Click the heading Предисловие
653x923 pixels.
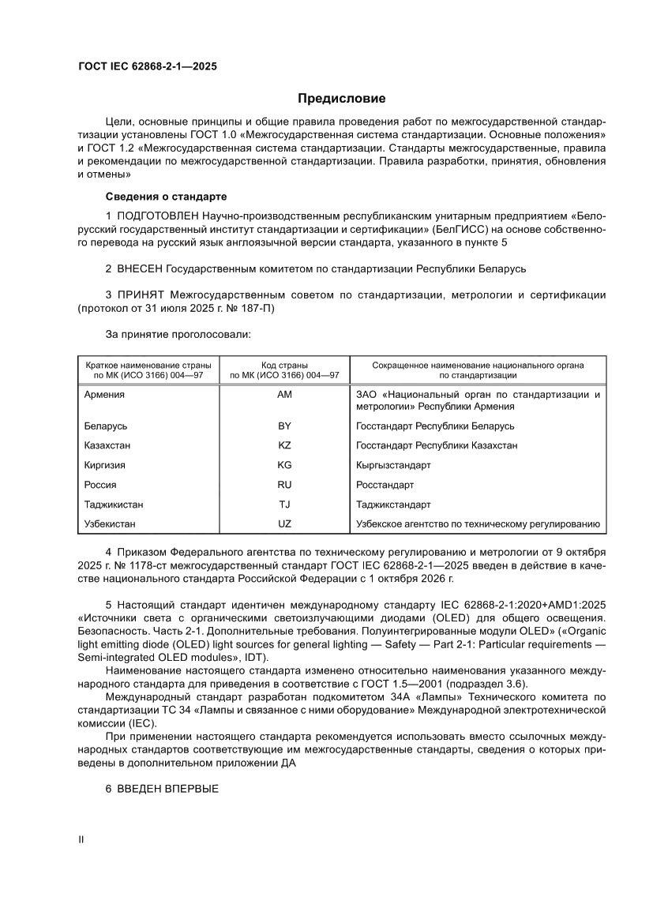click(x=341, y=99)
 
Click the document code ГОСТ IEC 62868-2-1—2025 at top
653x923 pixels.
click(x=147, y=67)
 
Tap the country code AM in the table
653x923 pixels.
click(x=284, y=395)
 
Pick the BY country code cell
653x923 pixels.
click(x=284, y=426)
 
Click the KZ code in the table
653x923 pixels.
click(x=284, y=445)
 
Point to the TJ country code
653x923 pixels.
click(x=284, y=504)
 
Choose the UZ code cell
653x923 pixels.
click(x=284, y=523)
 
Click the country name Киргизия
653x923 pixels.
click(x=104, y=465)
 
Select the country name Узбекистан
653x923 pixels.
click(x=109, y=523)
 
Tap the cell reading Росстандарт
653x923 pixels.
click(x=385, y=485)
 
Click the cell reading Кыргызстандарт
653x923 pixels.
click(x=393, y=465)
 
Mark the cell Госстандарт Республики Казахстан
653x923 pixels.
click(x=437, y=445)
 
